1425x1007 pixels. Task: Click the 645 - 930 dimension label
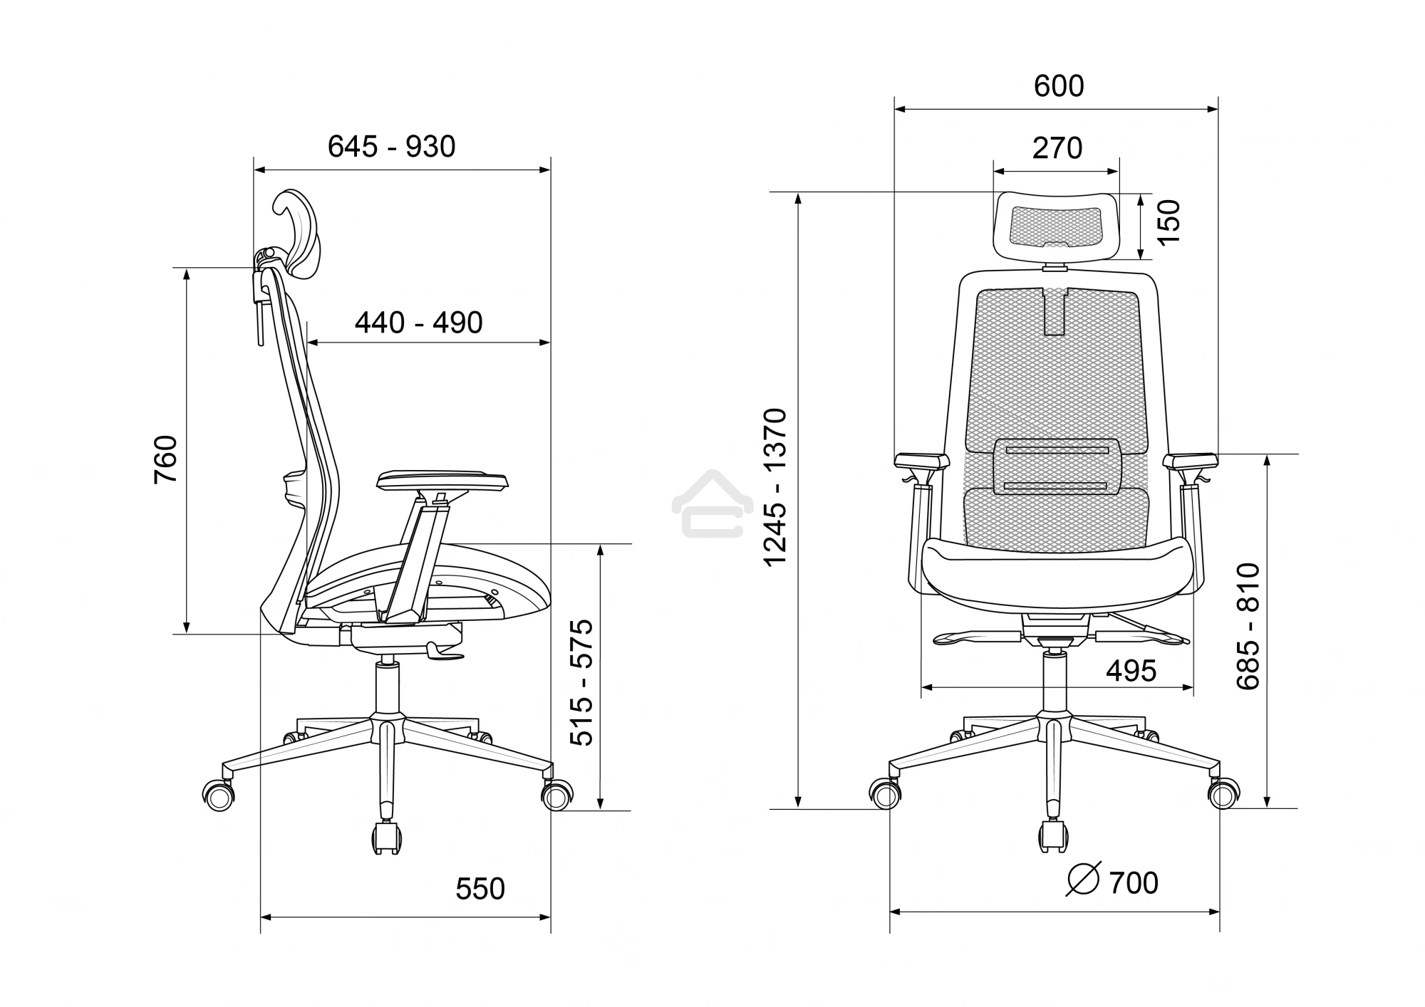[391, 147]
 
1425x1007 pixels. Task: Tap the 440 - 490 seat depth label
[419, 323]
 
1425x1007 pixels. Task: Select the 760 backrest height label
[165, 459]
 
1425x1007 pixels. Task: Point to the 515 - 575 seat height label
[581, 682]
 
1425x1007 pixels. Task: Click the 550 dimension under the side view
[480, 889]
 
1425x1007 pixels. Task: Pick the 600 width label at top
[1059, 86]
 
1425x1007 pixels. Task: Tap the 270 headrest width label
[1057, 148]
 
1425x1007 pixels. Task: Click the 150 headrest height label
[1168, 222]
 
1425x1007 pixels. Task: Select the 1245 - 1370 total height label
[775, 487]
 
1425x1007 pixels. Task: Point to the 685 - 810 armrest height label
[1248, 626]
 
